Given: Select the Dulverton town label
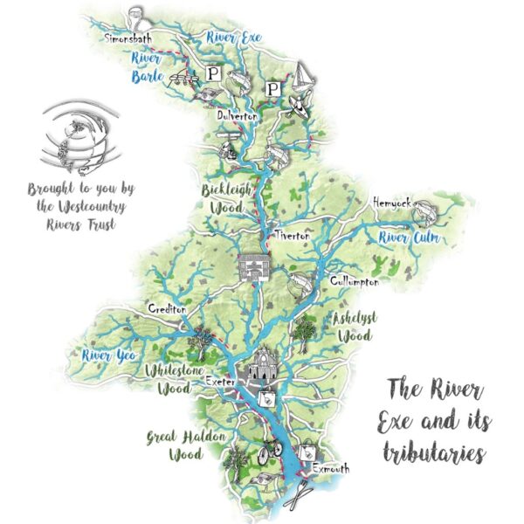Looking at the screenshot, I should (x=235, y=114).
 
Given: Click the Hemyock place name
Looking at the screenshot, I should (x=390, y=203).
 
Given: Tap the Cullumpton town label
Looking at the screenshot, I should (x=354, y=281).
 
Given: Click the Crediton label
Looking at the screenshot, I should (x=167, y=311).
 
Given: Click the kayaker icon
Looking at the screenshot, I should (x=296, y=106).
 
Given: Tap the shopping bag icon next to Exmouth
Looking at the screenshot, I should (x=307, y=453).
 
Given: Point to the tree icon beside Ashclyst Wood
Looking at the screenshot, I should (x=306, y=329).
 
